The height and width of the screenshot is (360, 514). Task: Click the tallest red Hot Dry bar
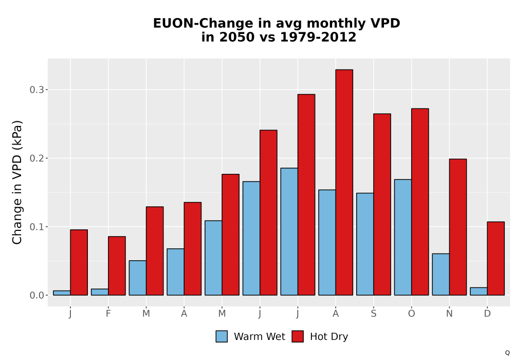point(344,182)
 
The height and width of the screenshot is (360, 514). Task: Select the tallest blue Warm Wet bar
point(289,231)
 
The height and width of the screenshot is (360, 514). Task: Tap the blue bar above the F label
point(100,292)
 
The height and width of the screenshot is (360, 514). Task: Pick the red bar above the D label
point(495,258)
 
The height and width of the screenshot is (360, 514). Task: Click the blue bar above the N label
point(441,275)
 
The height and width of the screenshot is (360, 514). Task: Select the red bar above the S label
point(382,204)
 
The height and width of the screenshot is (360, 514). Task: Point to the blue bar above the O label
point(403,237)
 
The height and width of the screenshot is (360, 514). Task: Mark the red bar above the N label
point(458,227)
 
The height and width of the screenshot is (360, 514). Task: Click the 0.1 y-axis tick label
point(36,227)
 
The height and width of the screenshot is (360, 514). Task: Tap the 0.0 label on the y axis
point(36,295)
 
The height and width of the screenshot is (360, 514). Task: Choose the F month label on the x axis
point(108,314)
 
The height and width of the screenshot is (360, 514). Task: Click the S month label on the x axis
point(373,314)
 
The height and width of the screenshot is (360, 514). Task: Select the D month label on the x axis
point(487,314)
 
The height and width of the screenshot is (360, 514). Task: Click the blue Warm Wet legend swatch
point(222,336)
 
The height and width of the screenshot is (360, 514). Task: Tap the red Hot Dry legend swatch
point(298,336)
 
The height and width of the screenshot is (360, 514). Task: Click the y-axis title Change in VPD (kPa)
point(17,182)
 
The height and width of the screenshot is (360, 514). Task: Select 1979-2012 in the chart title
point(318,37)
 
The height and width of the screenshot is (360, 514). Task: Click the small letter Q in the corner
point(507,353)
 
